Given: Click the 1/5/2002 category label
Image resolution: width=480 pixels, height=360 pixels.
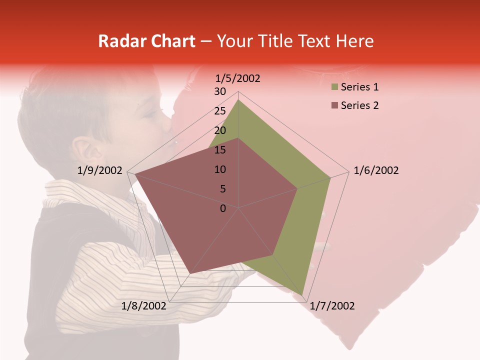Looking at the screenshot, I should [x=238, y=78].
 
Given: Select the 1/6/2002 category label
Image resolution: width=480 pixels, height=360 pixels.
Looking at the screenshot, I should [x=376, y=170].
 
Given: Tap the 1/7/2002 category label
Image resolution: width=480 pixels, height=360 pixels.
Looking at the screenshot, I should [x=332, y=306].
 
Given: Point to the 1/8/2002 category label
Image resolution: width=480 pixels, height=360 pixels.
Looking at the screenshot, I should [x=144, y=306].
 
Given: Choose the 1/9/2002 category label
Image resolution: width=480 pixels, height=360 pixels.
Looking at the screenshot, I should [x=100, y=170].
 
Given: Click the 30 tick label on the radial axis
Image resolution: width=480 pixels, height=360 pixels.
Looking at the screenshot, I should [x=220, y=91].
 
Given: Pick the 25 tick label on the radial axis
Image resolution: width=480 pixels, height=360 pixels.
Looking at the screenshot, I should [x=220, y=111].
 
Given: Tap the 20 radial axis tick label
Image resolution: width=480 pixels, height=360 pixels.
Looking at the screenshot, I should [x=220, y=130].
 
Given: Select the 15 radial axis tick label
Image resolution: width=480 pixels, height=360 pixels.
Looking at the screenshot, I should [x=220, y=150].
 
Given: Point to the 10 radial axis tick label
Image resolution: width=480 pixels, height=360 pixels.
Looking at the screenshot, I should [x=220, y=169].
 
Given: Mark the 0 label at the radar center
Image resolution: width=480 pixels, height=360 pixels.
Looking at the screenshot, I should [x=223, y=208].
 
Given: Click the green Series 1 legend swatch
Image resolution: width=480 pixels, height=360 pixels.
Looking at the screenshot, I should [x=334, y=87].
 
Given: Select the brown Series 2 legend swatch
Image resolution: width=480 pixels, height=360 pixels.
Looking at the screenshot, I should [x=334, y=105].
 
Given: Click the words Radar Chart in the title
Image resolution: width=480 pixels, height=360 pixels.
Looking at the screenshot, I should [x=146, y=41].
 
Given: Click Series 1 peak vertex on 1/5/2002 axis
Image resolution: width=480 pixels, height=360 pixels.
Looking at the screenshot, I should [x=238, y=99].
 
